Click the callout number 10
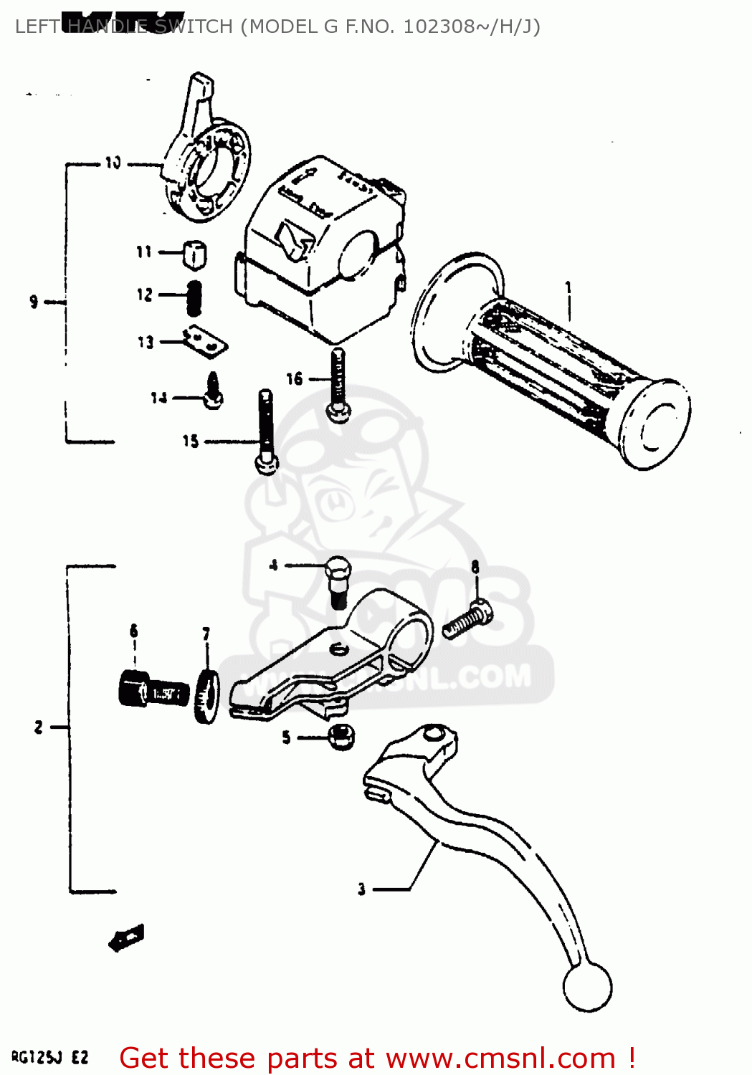point(113,163)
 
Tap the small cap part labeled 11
point(194,254)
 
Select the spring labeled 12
point(194,297)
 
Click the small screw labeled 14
point(213,392)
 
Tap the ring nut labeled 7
point(208,697)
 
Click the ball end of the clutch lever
point(588,987)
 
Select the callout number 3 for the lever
point(362,889)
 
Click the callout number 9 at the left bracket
point(34,302)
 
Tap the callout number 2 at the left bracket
point(39,727)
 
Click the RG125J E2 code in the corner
point(49,1058)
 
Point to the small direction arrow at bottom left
point(126,938)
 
